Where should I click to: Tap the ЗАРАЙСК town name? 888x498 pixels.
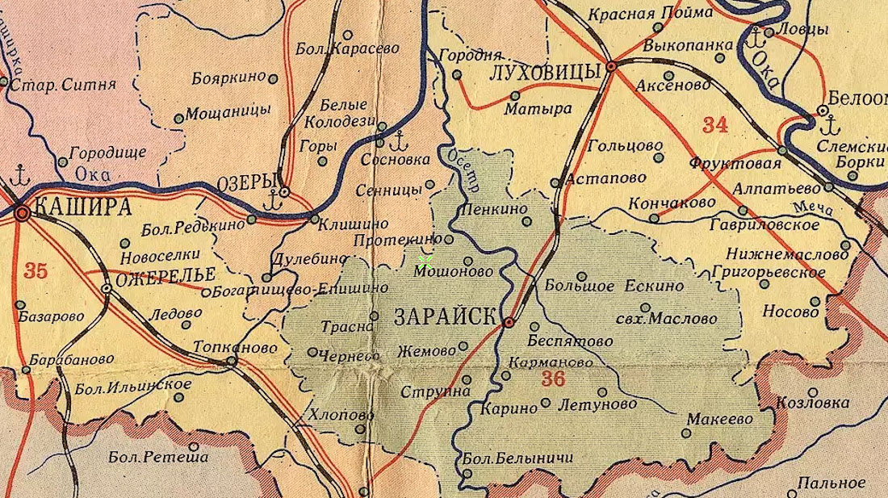tap(445, 317)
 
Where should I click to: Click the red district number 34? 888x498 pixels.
tap(714, 124)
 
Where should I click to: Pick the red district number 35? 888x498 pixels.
tap(35, 270)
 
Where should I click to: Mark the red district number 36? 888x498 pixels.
tap(553, 379)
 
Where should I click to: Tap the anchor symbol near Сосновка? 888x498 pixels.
tap(396, 143)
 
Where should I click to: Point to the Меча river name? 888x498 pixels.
tap(817, 210)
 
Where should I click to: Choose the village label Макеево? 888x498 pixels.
tap(719, 420)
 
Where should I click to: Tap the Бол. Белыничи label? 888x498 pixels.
tap(517, 458)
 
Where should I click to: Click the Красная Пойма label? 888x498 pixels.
tap(651, 14)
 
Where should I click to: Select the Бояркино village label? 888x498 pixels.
tap(229, 78)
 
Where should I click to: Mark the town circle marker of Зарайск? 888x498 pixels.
tap(509, 323)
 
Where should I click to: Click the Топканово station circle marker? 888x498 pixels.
tap(232, 361)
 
